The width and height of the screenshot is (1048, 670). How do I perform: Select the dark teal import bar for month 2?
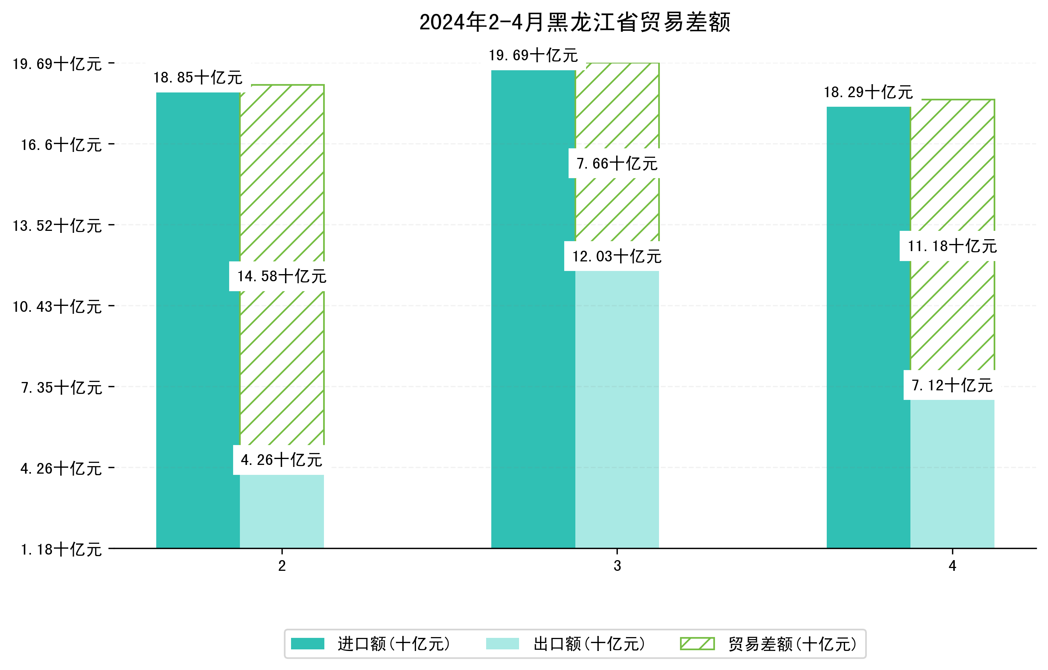click(198, 320)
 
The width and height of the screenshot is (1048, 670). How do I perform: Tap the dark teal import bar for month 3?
click(533, 309)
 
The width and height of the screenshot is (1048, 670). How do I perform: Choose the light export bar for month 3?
click(617, 409)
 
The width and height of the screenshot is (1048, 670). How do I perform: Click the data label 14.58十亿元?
click(282, 276)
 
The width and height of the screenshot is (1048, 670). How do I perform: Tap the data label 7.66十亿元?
click(617, 164)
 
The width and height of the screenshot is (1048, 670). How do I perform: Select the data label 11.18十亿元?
click(952, 246)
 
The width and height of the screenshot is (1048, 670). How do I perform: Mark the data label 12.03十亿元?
click(617, 256)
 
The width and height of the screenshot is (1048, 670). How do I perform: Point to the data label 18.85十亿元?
click(198, 77)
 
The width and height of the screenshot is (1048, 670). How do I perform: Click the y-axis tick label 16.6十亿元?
click(61, 144)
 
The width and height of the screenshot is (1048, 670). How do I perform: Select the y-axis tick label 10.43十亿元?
click(57, 307)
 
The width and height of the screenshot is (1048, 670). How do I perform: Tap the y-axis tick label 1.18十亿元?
click(61, 549)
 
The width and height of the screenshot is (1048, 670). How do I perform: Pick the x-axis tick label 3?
click(617, 566)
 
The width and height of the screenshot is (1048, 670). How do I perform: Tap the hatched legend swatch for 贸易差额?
click(697, 643)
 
